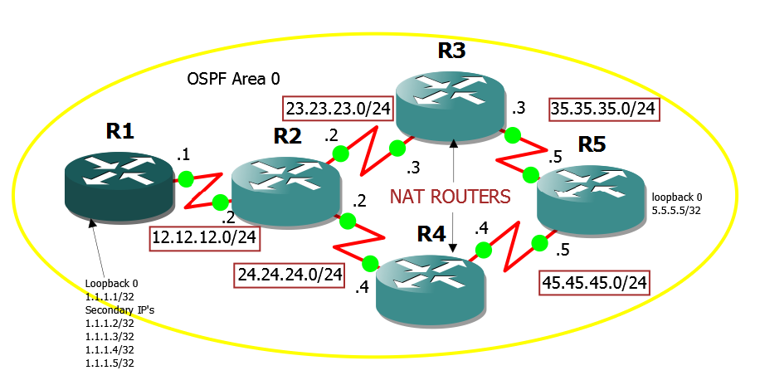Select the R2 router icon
pyautogui.click(x=286, y=190)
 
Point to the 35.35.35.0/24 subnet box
pyautogui.click(x=604, y=109)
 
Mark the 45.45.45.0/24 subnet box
pyautogui.click(x=593, y=282)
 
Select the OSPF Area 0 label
pyautogui.click(x=233, y=79)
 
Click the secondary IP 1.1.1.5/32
pyautogui.click(x=110, y=363)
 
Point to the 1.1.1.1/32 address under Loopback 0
pyautogui.click(x=110, y=296)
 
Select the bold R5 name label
pyautogui.click(x=593, y=144)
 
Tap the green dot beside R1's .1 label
pyautogui.click(x=185, y=178)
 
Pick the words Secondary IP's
pyautogui.click(x=119, y=309)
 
